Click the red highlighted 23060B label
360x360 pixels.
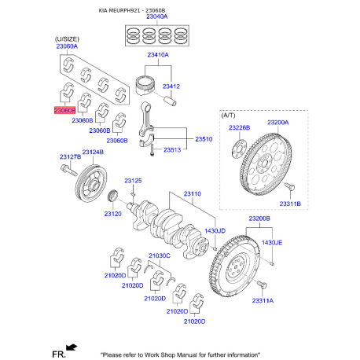pyautogui.click(x=64, y=110)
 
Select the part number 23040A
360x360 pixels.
pyautogui.click(x=157, y=17)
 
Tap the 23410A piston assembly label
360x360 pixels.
pyautogui.click(x=158, y=55)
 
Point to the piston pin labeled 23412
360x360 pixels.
pyautogui.click(x=171, y=101)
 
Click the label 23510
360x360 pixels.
pyautogui.click(x=204, y=139)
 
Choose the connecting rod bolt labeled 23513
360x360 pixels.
pyautogui.click(x=152, y=149)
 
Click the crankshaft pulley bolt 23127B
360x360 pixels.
pyautogui.click(x=68, y=170)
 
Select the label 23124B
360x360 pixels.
pyautogui.click(x=93, y=152)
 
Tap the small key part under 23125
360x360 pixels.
pyautogui.click(x=133, y=194)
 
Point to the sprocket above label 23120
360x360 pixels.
pyautogui.click(x=113, y=196)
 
